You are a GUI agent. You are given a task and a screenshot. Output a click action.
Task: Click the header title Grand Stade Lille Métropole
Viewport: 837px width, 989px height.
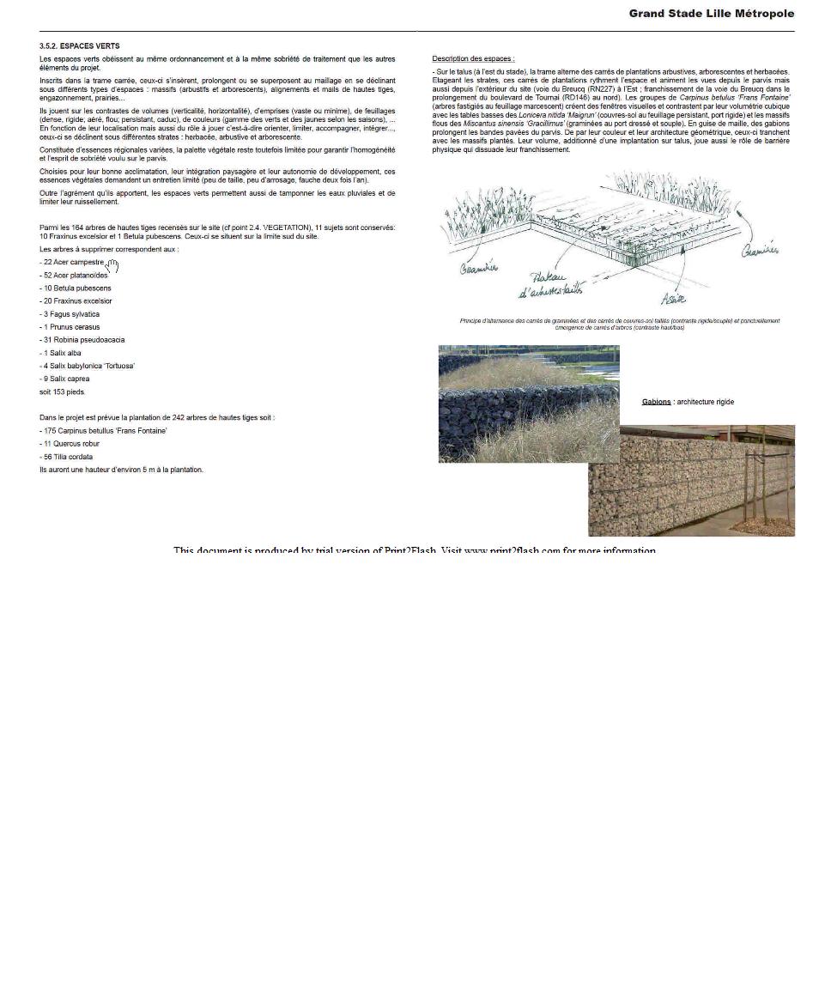click(x=711, y=14)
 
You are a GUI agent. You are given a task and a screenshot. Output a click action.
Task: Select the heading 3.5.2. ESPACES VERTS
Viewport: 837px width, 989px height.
click(x=79, y=46)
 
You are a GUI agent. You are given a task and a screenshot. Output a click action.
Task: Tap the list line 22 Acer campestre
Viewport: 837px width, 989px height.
click(x=72, y=262)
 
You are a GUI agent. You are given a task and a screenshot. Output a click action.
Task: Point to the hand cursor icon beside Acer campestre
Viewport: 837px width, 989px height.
click(x=112, y=266)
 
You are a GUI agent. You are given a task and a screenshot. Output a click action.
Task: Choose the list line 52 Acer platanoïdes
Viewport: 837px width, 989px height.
click(x=74, y=275)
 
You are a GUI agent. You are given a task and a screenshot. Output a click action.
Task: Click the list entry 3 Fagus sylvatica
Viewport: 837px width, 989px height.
click(x=70, y=314)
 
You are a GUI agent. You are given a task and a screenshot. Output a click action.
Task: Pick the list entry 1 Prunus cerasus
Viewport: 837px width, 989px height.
click(x=70, y=327)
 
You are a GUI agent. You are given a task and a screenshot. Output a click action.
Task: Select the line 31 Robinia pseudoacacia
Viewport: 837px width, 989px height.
click(x=82, y=340)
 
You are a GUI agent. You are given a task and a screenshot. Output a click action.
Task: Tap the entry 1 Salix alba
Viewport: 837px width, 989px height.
click(x=60, y=353)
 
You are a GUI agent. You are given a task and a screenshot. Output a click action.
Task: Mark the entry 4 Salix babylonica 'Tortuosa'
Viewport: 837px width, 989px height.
click(x=87, y=366)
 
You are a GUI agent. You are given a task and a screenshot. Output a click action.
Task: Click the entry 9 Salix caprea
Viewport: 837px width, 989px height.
click(x=64, y=379)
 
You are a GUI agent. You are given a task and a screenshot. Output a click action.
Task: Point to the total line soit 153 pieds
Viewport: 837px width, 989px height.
click(x=63, y=392)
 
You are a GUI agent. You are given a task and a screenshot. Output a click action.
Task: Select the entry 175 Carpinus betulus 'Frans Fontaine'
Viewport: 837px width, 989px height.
click(x=103, y=431)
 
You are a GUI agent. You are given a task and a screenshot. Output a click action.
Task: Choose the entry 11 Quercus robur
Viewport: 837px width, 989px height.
click(x=70, y=444)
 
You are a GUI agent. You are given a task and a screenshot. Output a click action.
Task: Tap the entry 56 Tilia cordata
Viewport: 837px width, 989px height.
click(x=66, y=457)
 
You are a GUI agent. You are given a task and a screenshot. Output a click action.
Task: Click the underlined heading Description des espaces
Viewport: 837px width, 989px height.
click(x=473, y=58)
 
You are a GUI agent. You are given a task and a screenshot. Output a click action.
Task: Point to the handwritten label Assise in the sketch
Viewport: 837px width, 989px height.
click(x=673, y=299)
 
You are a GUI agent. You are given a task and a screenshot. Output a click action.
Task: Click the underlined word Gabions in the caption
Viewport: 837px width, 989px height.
click(x=656, y=402)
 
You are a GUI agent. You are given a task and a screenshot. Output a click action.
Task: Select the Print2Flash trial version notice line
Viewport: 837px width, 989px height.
click(x=415, y=550)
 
